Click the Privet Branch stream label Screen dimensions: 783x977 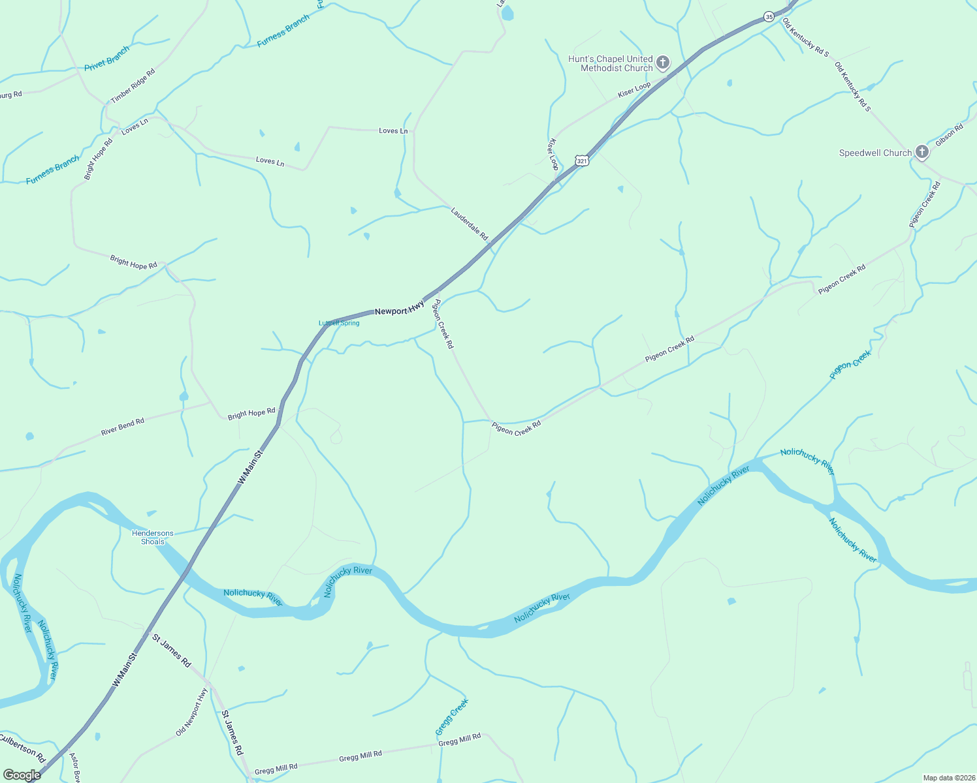click(x=106, y=58)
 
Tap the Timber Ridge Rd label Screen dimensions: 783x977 click(x=133, y=85)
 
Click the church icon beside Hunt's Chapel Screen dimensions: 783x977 click(x=663, y=63)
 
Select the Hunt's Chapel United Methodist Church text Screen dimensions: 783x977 click(x=610, y=63)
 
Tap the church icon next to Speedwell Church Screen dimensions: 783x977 click(x=921, y=153)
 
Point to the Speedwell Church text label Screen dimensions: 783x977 click(x=875, y=153)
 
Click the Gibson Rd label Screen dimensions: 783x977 click(x=949, y=135)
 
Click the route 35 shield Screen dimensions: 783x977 click(x=769, y=17)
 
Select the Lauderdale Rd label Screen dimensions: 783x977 click(x=470, y=224)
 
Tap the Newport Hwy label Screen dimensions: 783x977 click(x=400, y=308)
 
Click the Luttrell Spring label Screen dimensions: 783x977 click(x=339, y=323)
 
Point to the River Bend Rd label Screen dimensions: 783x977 click(x=123, y=427)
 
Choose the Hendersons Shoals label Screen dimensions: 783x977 click(x=153, y=537)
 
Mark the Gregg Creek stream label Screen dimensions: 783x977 click(x=452, y=716)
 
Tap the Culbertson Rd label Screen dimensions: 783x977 click(x=22, y=748)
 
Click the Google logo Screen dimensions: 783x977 click(x=22, y=775)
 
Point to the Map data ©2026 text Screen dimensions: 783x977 click(x=948, y=778)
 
